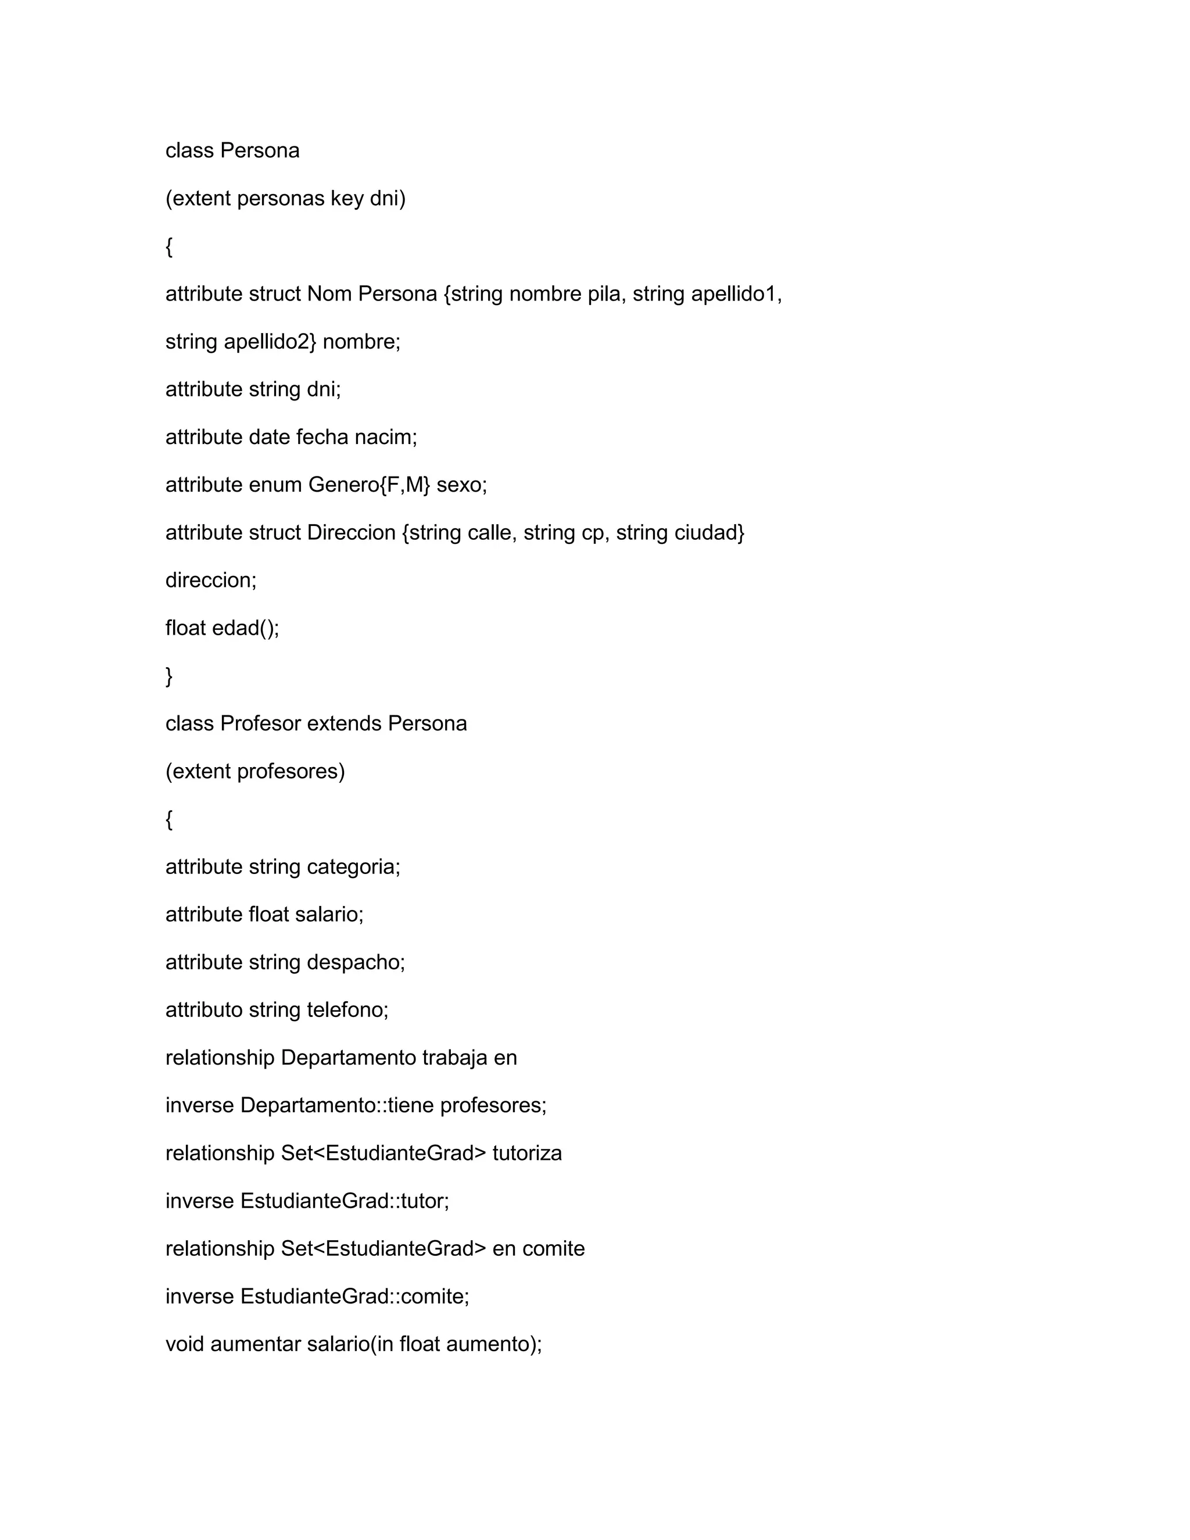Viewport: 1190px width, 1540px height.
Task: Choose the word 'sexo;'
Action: [x=462, y=485]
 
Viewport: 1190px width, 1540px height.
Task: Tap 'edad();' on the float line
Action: [x=245, y=628]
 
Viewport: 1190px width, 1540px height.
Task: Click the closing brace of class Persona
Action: [x=169, y=676]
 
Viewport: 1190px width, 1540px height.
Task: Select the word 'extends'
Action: [x=344, y=724]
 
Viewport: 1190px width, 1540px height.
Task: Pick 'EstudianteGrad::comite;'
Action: [x=354, y=1297]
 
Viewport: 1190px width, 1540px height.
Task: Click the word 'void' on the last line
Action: [x=185, y=1344]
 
